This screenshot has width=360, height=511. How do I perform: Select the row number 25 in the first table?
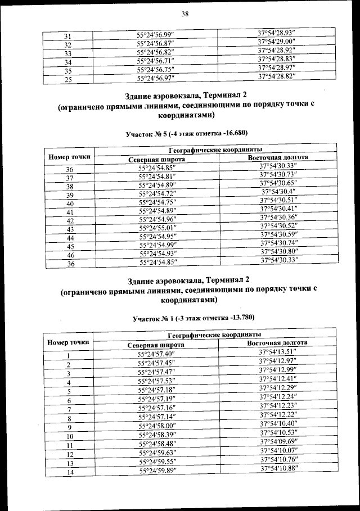coord(67,79)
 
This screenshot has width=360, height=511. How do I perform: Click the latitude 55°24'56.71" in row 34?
coord(156,61)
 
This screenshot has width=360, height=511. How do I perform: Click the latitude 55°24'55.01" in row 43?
coord(156,228)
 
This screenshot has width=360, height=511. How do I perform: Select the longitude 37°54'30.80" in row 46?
coord(280,251)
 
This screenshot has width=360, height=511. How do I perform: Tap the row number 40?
coord(70,203)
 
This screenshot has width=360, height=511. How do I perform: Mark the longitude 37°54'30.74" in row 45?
coord(280,243)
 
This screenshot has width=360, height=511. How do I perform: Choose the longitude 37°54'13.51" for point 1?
coord(278,352)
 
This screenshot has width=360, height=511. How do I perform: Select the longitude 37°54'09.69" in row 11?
coord(278,442)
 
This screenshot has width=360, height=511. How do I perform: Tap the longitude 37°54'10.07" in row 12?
coord(278,451)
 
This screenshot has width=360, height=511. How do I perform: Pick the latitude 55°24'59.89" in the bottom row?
coord(156,471)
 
